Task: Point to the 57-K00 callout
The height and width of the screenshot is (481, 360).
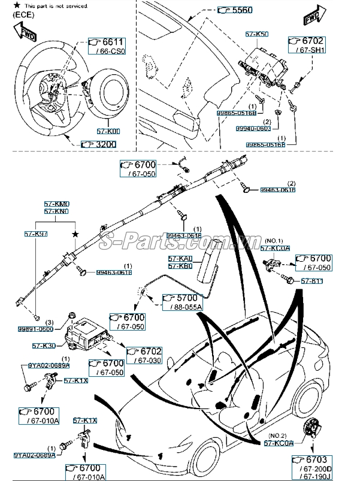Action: tap(108, 131)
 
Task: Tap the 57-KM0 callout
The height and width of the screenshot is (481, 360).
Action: tap(56, 204)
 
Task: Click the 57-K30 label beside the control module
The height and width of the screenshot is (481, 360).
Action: tap(44, 346)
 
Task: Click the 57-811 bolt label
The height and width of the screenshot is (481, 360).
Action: tap(312, 280)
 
